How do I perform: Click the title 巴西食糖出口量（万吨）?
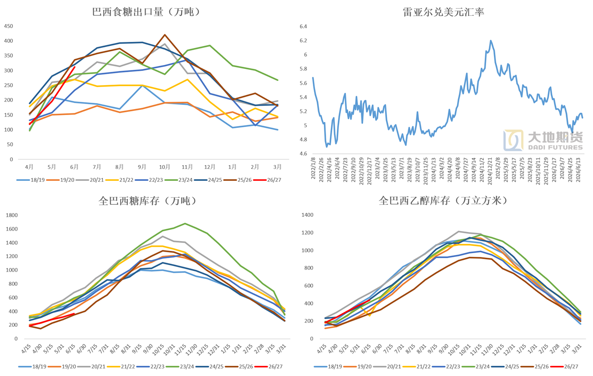147,12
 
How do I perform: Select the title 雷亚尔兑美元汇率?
443,12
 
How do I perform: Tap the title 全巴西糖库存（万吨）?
148,201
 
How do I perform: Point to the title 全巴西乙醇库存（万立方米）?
443,201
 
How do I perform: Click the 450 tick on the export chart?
8,26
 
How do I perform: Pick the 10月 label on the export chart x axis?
164,167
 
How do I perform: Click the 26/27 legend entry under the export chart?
268,180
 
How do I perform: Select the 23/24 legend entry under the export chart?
179,180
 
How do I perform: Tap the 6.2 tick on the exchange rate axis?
303,40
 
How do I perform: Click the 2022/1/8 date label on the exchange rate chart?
313,168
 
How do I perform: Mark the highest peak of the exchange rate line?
491,40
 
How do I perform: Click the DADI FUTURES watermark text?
555,147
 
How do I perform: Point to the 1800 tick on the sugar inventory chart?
12,215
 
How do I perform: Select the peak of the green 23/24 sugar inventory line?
185,223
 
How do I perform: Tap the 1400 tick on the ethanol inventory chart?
307,215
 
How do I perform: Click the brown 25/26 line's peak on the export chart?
164,35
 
